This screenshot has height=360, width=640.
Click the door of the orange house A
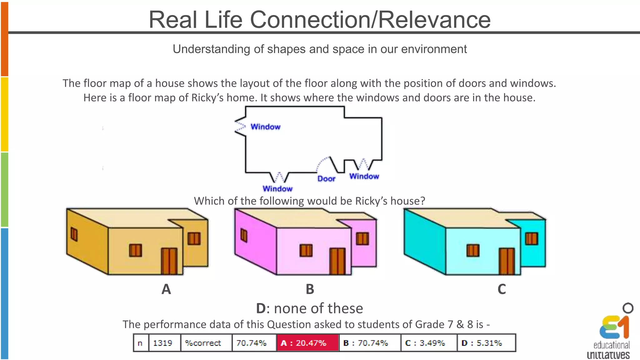(x=169, y=261)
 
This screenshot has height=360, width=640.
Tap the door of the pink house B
(x=337, y=261)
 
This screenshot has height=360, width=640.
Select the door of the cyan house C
(x=507, y=261)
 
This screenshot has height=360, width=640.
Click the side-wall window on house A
(x=74, y=234)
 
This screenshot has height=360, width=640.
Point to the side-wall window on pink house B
(x=244, y=235)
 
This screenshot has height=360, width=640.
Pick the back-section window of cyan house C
(x=531, y=239)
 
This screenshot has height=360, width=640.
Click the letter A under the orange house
(x=166, y=289)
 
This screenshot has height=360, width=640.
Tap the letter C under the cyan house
(x=502, y=289)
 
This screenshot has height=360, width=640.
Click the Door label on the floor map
(x=326, y=179)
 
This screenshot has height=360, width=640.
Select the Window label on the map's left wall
(x=265, y=127)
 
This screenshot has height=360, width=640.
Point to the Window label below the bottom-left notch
(x=277, y=189)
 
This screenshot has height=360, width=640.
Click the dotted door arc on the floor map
(x=322, y=163)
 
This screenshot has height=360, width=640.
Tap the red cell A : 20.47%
(x=307, y=343)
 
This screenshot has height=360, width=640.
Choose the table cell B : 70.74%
(x=369, y=343)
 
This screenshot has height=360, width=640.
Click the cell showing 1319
(x=164, y=343)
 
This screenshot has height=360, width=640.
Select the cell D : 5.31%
(x=486, y=343)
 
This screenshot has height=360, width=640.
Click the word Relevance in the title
(x=435, y=20)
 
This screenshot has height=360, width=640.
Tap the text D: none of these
(x=309, y=308)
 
